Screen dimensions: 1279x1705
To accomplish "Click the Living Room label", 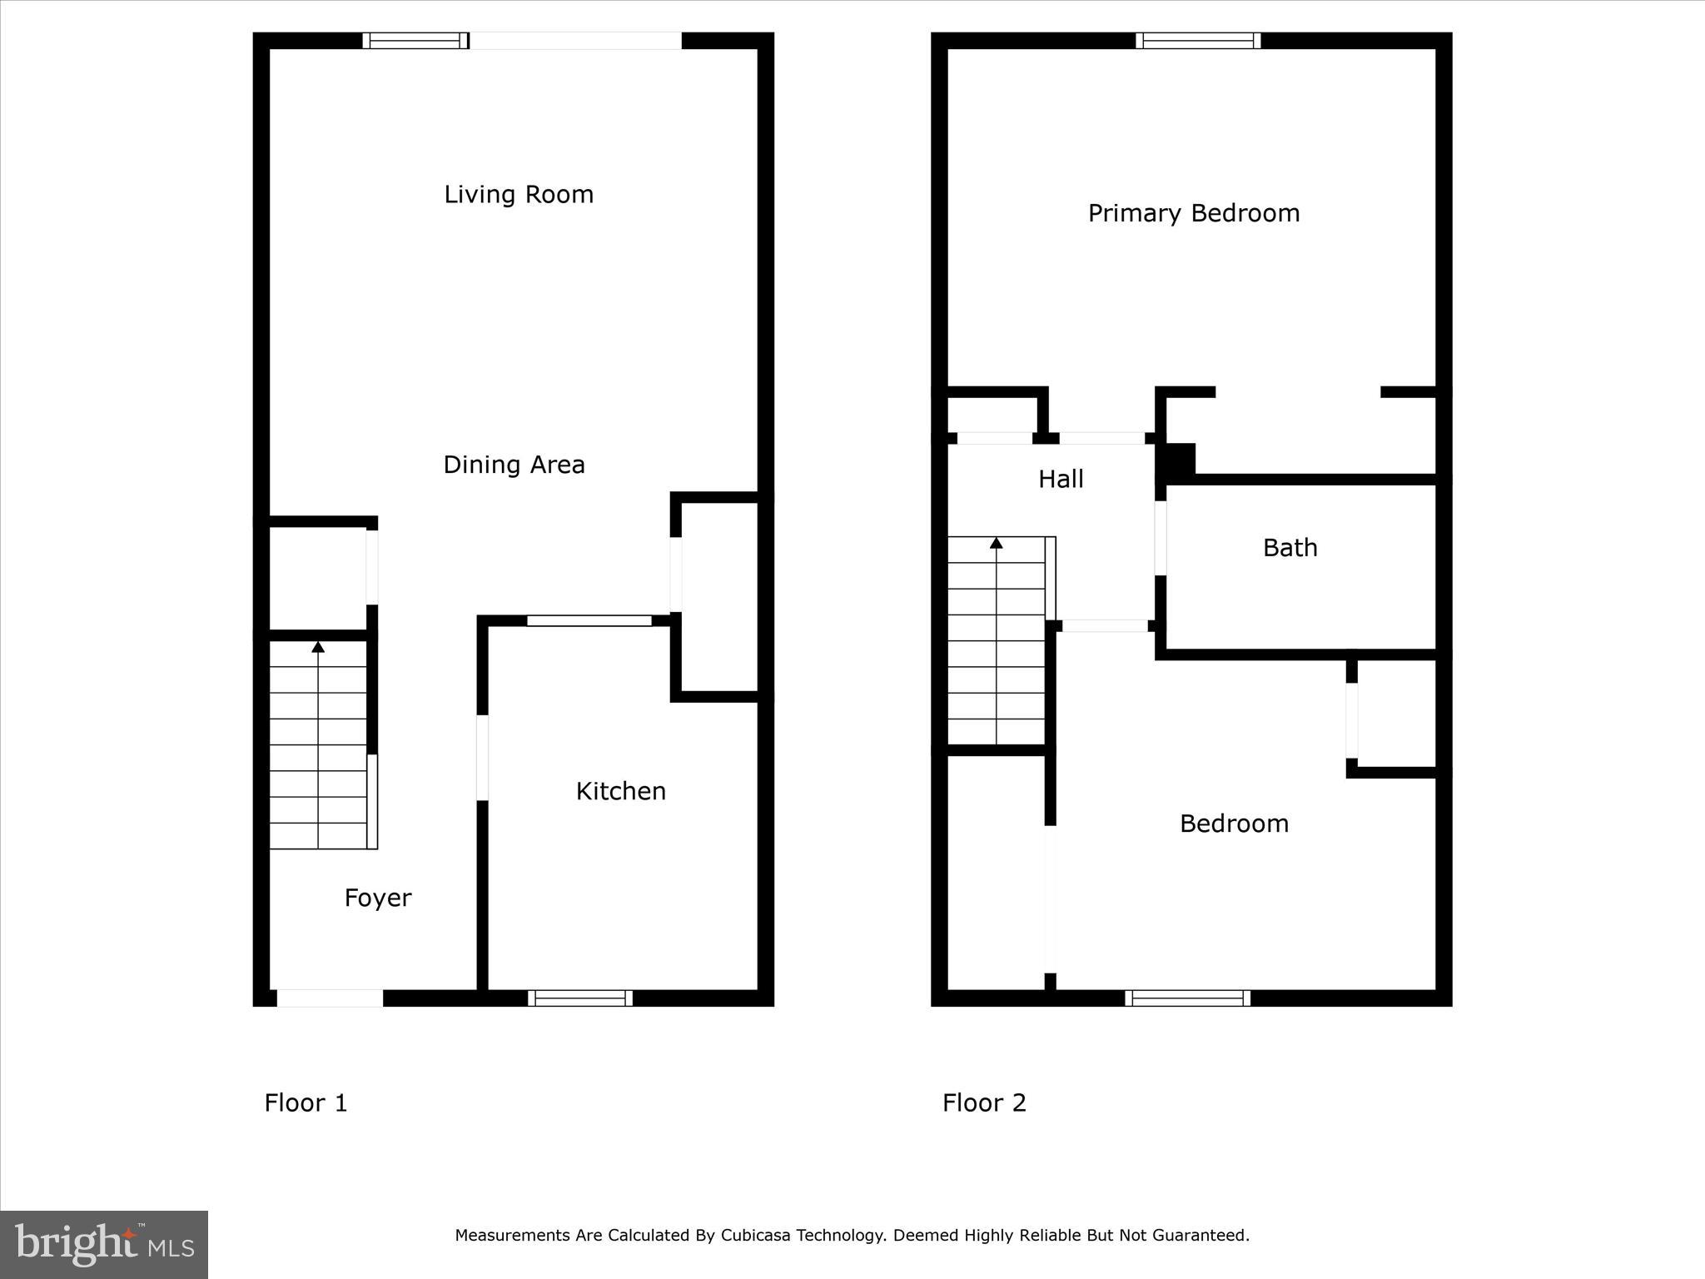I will click(x=519, y=195).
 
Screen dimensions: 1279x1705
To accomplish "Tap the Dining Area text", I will click(x=514, y=465).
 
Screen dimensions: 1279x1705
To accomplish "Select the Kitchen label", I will click(x=621, y=791).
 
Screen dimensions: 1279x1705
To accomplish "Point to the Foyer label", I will click(x=378, y=898).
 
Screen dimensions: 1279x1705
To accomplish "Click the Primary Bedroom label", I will click(x=1193, y=213).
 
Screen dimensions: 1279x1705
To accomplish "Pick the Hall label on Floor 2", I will click(x=1061, y=479).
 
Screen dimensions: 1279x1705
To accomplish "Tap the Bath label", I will click(x=1290, y=548).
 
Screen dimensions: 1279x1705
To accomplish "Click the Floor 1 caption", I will click(x=306, y=1102).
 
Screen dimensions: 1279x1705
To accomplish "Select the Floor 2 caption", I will click(x=984, y=1102).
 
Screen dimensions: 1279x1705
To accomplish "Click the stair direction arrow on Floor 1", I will click(x=318, y=647).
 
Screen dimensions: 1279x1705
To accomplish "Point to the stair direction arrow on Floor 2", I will click(x=996, y=544).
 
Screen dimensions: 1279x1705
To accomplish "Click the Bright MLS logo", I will click(x=104, y=1244).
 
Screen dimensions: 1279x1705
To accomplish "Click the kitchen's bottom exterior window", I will click(x=580, y=998).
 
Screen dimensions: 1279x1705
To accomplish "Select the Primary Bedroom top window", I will click(x=1198, y=41).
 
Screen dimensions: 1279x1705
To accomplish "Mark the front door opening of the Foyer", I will click(x=330, y=998).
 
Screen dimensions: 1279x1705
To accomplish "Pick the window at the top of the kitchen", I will click(x=589, y=620).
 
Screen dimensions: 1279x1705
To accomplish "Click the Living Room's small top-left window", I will click(x=415, y=41).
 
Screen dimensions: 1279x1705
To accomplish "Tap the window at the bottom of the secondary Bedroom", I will click(x=1187, y=998).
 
